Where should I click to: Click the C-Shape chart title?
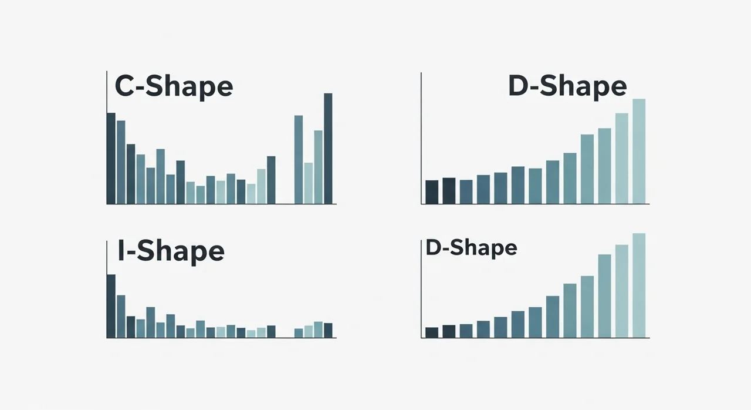pos(174,86)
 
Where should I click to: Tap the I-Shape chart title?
pos(171,251)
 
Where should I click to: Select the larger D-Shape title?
pos(567,86)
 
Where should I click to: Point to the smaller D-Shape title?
pos(471,248)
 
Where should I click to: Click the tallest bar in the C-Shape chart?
pos(328,149)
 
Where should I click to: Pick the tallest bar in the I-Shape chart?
pos(111,306)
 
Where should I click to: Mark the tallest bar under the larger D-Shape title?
pos(639,151)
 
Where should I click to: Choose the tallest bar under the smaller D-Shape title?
pos(639,285)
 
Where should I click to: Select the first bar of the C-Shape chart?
pos(111,158)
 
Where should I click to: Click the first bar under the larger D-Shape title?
pos(432,192)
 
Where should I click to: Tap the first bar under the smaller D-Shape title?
pos(432,332)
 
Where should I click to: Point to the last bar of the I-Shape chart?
pos(328,330)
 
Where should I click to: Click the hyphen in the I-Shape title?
pos(132,253)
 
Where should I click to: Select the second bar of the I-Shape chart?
pos(121,316)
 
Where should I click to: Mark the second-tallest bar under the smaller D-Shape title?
pos(622,291)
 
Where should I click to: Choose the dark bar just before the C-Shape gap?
pos(271,180)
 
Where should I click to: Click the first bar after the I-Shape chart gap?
pos(299,333)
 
